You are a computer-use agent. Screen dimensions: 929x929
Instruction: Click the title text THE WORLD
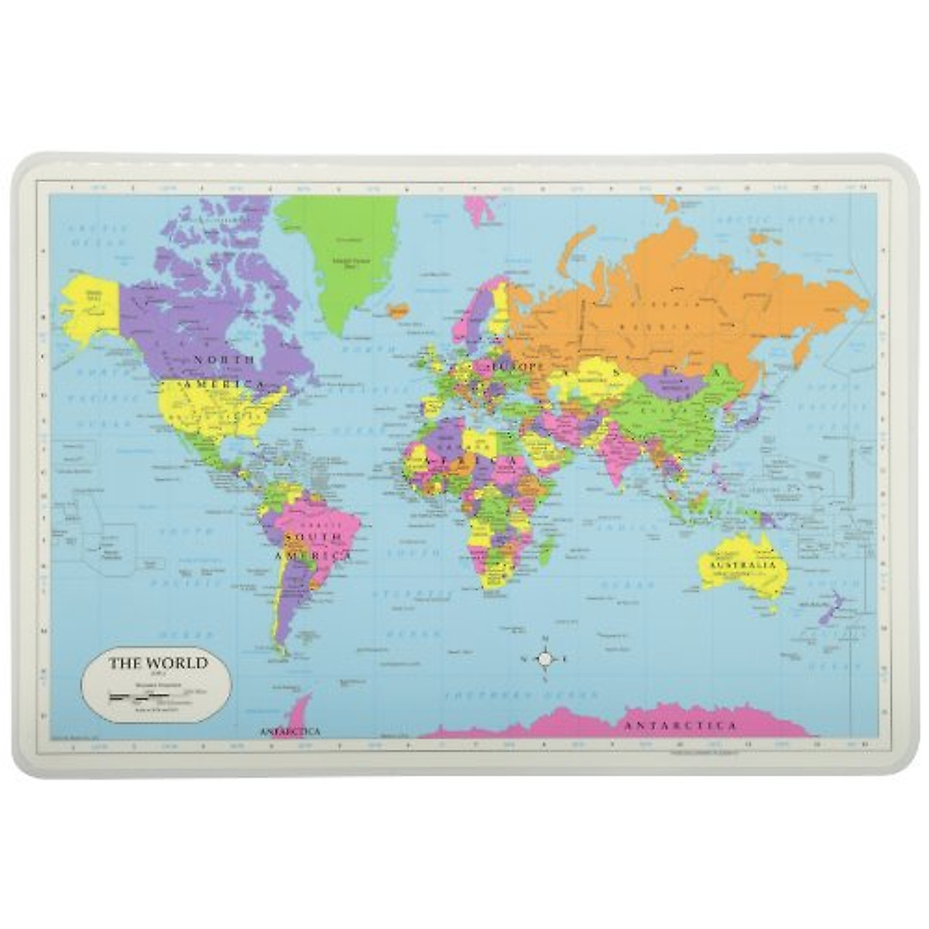pos(158,663)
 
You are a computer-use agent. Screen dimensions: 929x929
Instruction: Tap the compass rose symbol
pos(545,659)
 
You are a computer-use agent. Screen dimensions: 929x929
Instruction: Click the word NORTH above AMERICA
pos(225,360)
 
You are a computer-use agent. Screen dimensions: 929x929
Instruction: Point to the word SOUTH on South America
pos(313,536)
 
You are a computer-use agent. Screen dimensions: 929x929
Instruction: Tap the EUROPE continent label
pos(512,365)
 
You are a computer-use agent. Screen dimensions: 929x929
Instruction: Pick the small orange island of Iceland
pos(399,311)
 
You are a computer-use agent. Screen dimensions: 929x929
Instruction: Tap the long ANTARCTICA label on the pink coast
pos(680,726)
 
